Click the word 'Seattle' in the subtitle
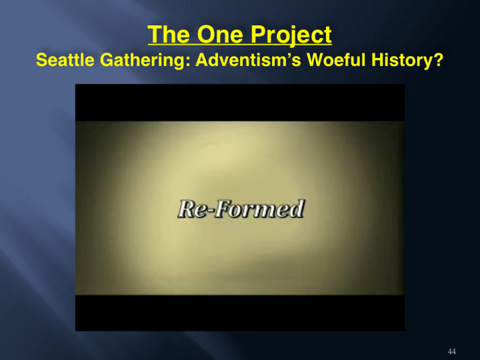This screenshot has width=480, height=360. coord(65,59)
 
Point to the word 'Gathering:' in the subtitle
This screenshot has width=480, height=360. coord(144,60)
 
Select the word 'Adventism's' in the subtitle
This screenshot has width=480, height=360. coord(248,59)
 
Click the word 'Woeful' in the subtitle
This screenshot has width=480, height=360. coord(336,59)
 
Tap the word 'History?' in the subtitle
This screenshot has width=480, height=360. coord(408,60)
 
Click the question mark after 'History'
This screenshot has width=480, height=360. coord(439,59)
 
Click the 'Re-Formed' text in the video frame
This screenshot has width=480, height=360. coord(241,209)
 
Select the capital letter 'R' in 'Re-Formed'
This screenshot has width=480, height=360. coord(187,209)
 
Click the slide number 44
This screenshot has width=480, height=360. coord(452,351)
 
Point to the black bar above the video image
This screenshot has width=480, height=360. coord(240,103)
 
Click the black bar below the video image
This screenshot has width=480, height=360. coord(240,313)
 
